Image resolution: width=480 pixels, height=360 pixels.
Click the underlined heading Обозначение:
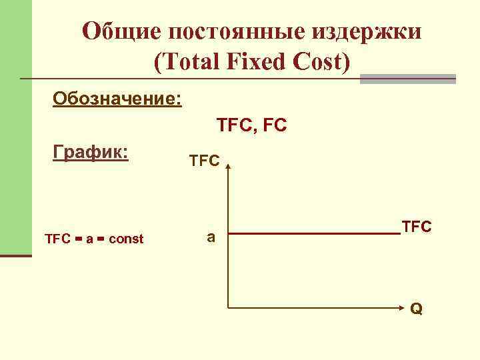(x=117, y=99)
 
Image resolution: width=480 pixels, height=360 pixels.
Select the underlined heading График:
(x=91, y=153)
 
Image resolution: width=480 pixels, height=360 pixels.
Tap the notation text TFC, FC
(x=252, y=125)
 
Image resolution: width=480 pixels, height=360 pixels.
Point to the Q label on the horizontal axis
(x=416, y=310)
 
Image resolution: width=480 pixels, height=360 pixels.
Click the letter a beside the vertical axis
(x=211, y=236)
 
